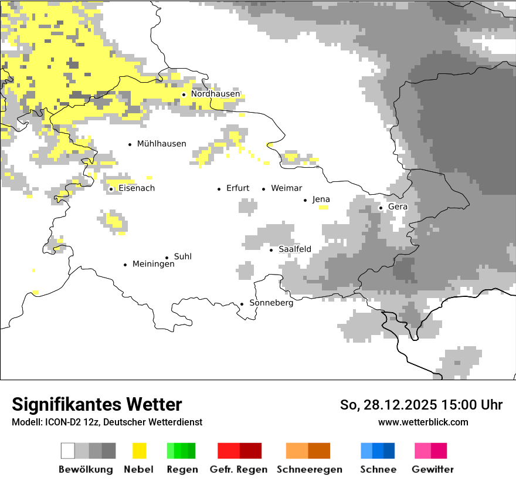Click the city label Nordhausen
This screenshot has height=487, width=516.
[215, 94]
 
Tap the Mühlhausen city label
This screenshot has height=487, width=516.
[161, 144]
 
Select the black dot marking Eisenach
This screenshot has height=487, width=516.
[111, 189]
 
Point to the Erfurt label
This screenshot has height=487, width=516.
[237, 188]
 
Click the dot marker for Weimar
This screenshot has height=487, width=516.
[264, 189]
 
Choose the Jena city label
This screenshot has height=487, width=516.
[321, 199]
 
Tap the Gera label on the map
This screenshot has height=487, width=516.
[398, 207]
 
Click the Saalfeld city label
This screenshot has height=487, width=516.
[294, 249]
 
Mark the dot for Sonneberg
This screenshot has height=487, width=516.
[242, 304]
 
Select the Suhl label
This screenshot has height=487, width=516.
[182, 256]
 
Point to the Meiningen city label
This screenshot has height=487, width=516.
[153, 265]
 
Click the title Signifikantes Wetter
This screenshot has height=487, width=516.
[97, 404]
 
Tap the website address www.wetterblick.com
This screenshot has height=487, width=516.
[423, 422]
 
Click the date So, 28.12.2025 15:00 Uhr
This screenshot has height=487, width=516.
[421, 405]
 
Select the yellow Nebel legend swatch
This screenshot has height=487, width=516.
[140, 451]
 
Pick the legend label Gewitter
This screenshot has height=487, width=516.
[432, 469]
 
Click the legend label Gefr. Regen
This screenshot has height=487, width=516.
[238, 469]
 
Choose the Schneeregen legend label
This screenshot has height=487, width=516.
[309, 469]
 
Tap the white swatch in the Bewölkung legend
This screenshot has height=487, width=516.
[68, 451]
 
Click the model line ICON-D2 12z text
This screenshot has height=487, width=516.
[106, 422]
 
